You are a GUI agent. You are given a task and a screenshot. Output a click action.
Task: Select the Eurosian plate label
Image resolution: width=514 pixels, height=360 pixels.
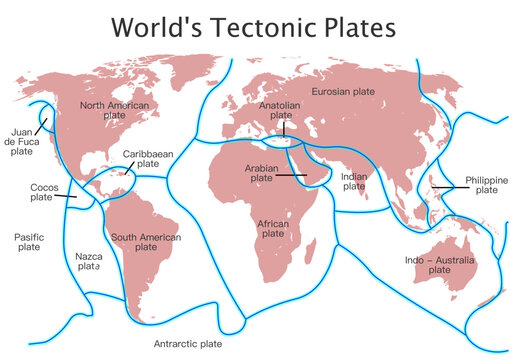pos(343,92)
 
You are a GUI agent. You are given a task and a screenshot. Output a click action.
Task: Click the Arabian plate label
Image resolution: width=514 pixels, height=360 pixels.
pos(261,173)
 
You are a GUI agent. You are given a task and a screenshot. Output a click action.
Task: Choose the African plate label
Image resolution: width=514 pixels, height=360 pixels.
pos(273,229)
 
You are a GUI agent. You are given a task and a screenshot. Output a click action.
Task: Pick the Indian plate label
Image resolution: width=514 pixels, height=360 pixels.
pos(354,181)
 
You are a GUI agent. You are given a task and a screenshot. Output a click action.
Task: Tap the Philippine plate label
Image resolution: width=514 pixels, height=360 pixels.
pos(486,184)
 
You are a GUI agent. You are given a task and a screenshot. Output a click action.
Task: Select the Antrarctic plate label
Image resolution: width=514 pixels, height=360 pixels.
pos(188,343)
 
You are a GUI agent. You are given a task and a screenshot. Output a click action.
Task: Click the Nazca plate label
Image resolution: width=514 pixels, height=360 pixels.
pos(89,262)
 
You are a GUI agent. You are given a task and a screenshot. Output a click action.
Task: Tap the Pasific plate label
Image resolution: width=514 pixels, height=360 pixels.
pos(29,242)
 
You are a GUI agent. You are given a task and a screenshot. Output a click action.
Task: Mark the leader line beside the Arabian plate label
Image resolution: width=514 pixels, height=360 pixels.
pos(292,175)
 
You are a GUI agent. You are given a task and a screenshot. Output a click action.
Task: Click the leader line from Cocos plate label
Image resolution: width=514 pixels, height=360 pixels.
pos(69,195)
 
